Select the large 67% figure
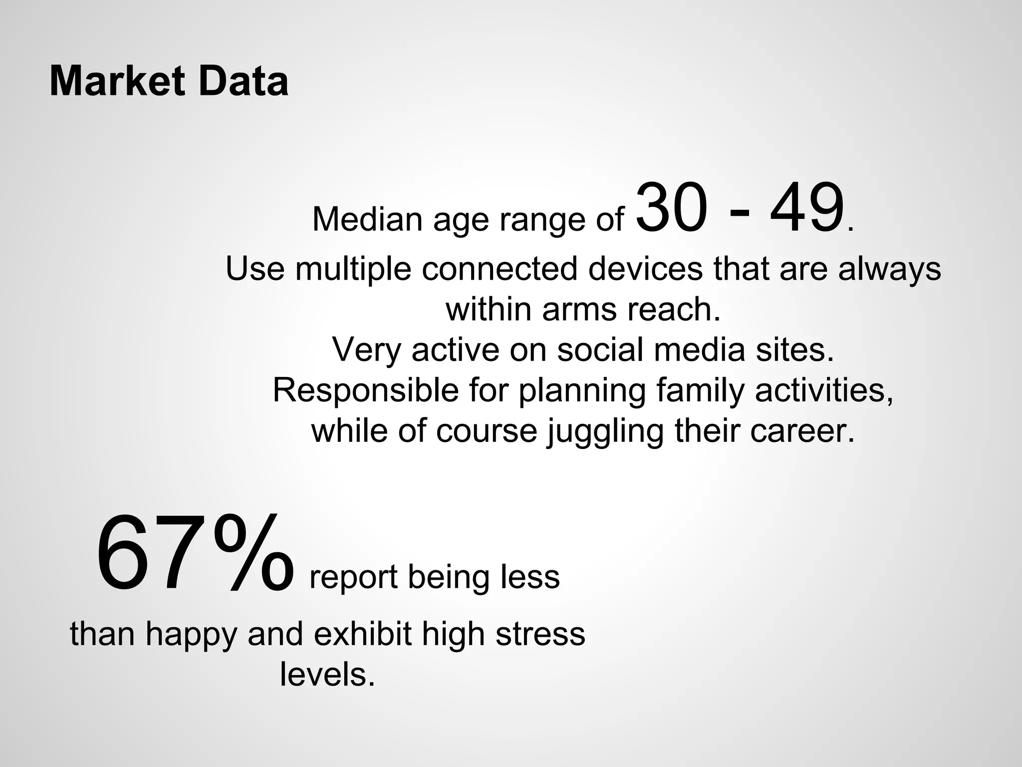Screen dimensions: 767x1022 [x=195, y=554]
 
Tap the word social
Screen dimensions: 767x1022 [x=599, y=350]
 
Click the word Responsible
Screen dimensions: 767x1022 [x=365, y=390]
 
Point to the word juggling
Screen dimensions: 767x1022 [x=605, y=431]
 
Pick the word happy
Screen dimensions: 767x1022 [x=191, y=635]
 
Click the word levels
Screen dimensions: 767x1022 [x=327, y=675]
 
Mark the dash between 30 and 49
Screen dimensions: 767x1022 [x=739, y=212]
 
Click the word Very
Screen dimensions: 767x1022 [x=366, y=350]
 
